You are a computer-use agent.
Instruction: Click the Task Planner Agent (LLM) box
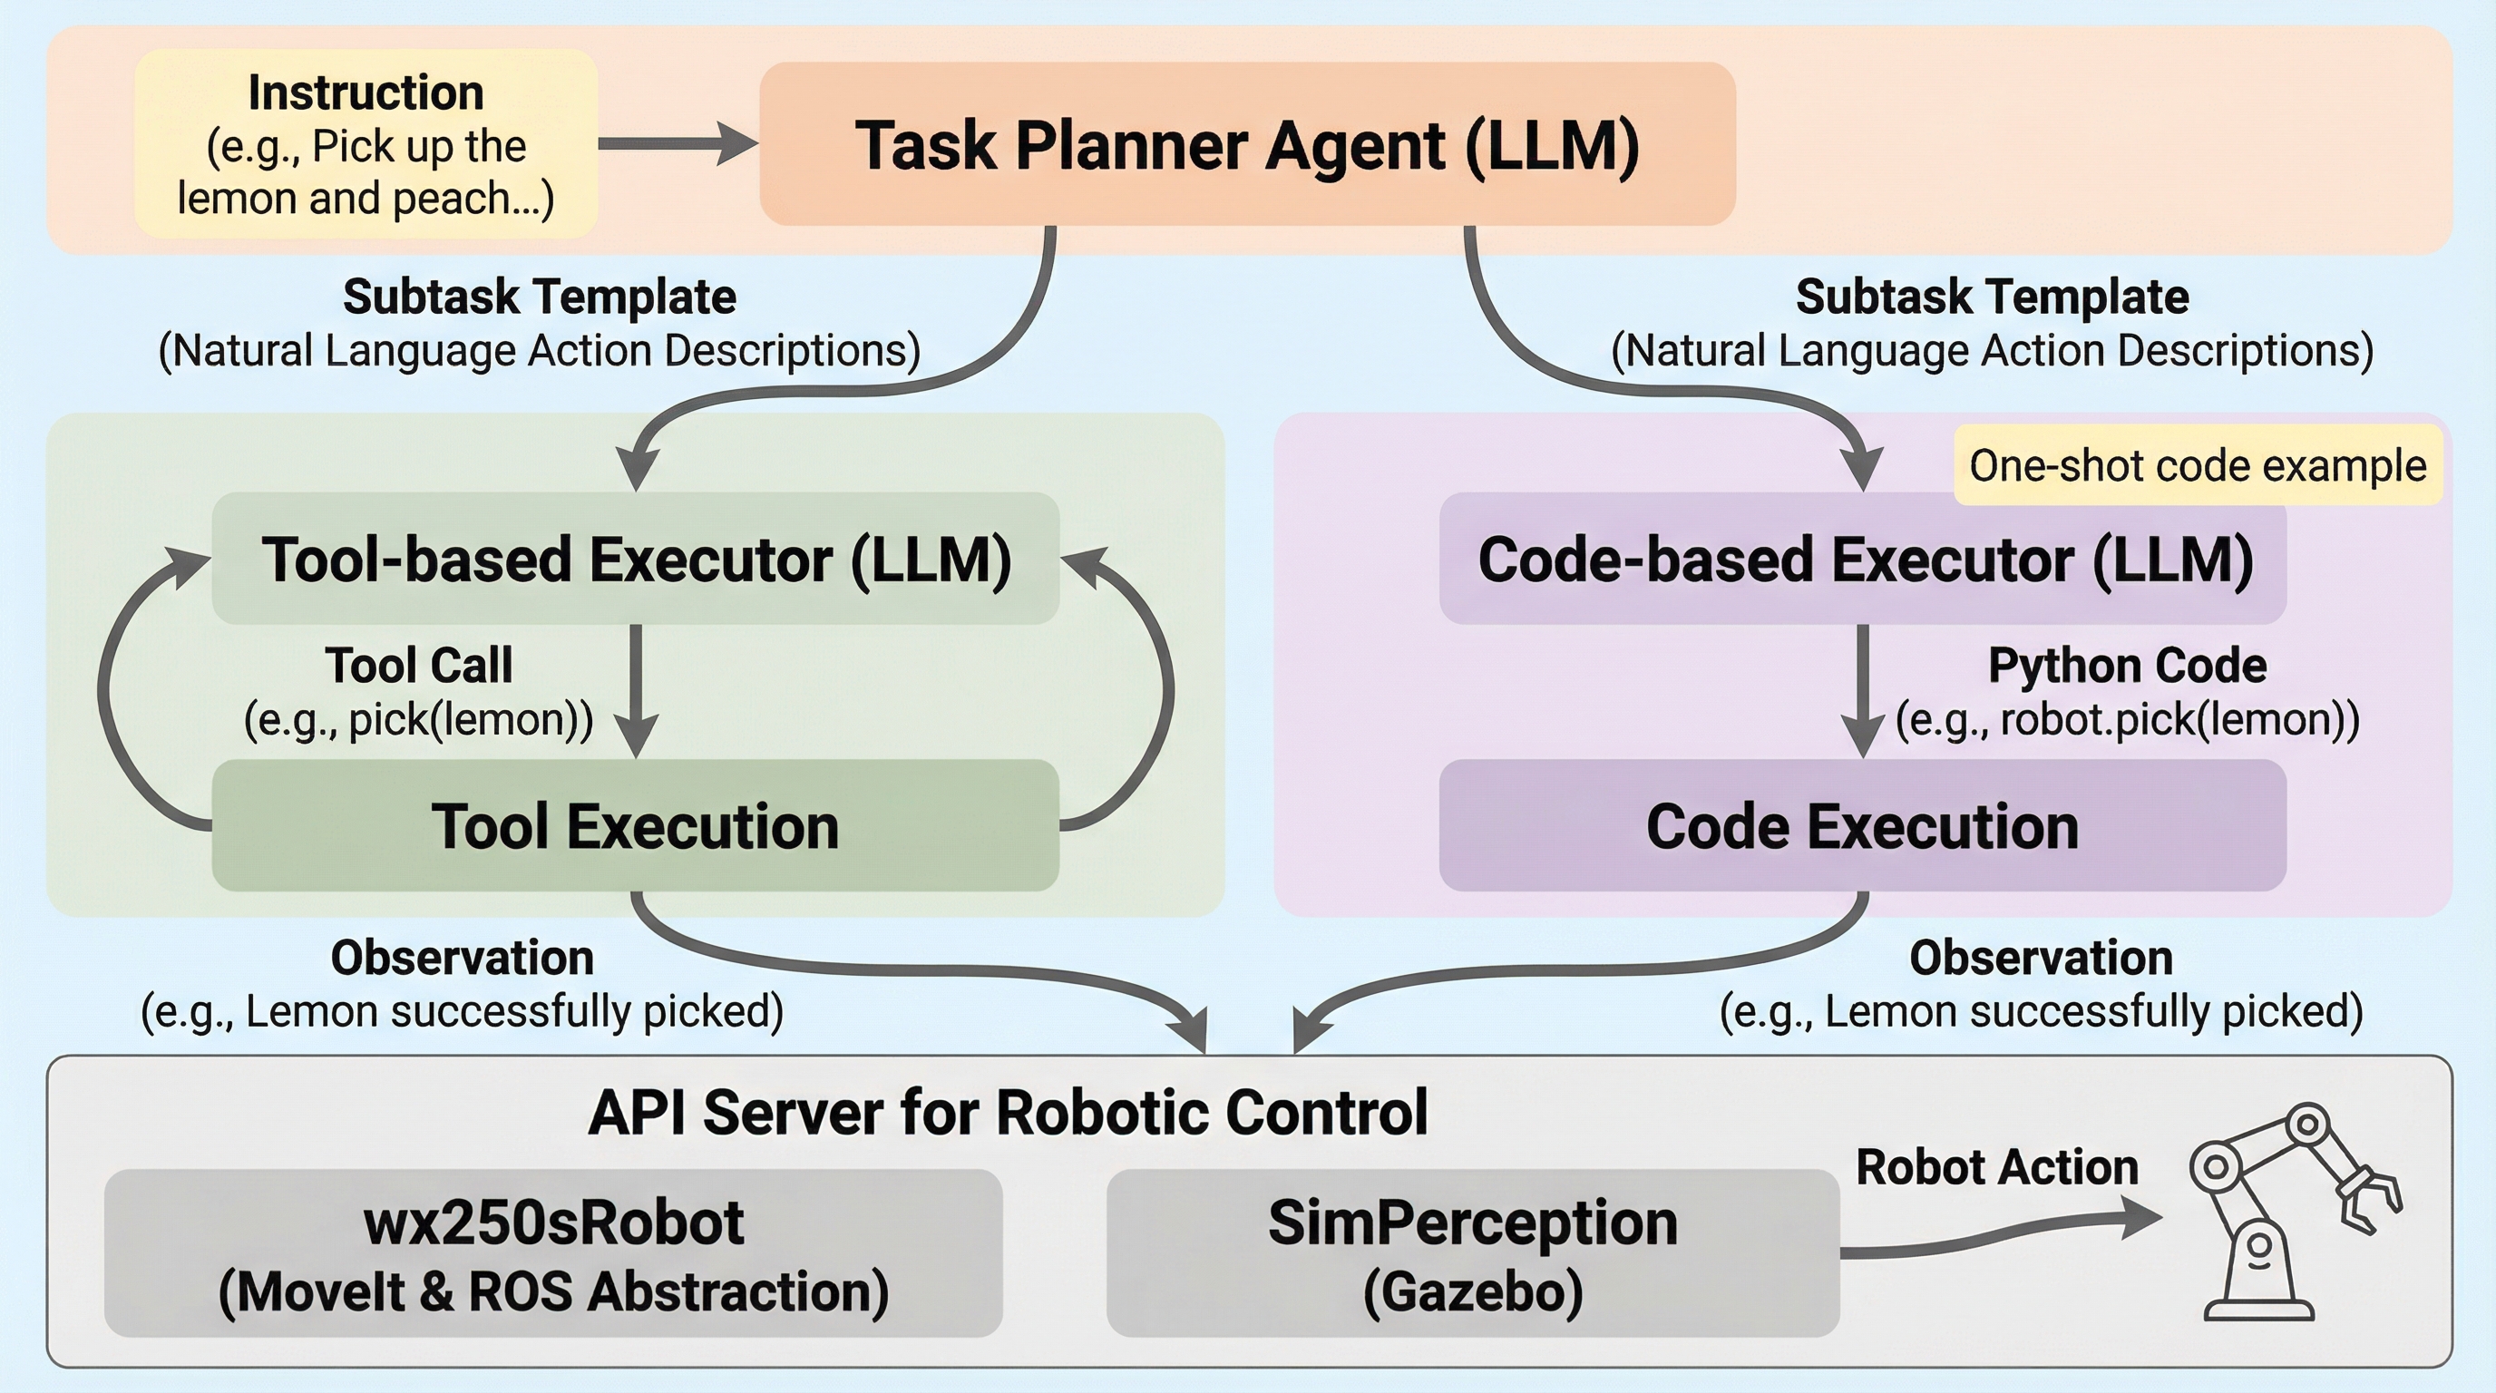click(x=1247, y=144)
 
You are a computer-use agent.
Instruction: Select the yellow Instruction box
click(x=366, y=144)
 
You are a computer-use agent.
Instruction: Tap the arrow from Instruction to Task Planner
click(x=678, y=143)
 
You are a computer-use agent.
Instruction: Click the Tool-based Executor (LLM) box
click(x=636, y=559)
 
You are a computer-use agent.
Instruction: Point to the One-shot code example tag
click(x=2197, y=466)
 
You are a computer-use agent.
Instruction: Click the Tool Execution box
click(x=636, y=825)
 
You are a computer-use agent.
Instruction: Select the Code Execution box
click(x=1862, y=825)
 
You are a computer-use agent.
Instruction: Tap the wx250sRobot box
click(x=553, y=1253)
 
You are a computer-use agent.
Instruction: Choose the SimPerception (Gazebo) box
click(x=1472, y=1253)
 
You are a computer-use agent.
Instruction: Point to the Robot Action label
click(x=1996, y=1167)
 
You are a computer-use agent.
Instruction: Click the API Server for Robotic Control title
click(x=1008, y=1112)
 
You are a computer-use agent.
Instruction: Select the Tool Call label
click(x=419, y=666)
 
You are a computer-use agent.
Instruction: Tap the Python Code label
click(x=2127, y=666)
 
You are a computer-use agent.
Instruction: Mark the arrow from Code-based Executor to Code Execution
click(x=1862, y=690)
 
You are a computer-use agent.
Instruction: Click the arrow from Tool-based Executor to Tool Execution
click(x=636, y=690)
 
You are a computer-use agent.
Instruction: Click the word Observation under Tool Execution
click(x=463, y=958)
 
